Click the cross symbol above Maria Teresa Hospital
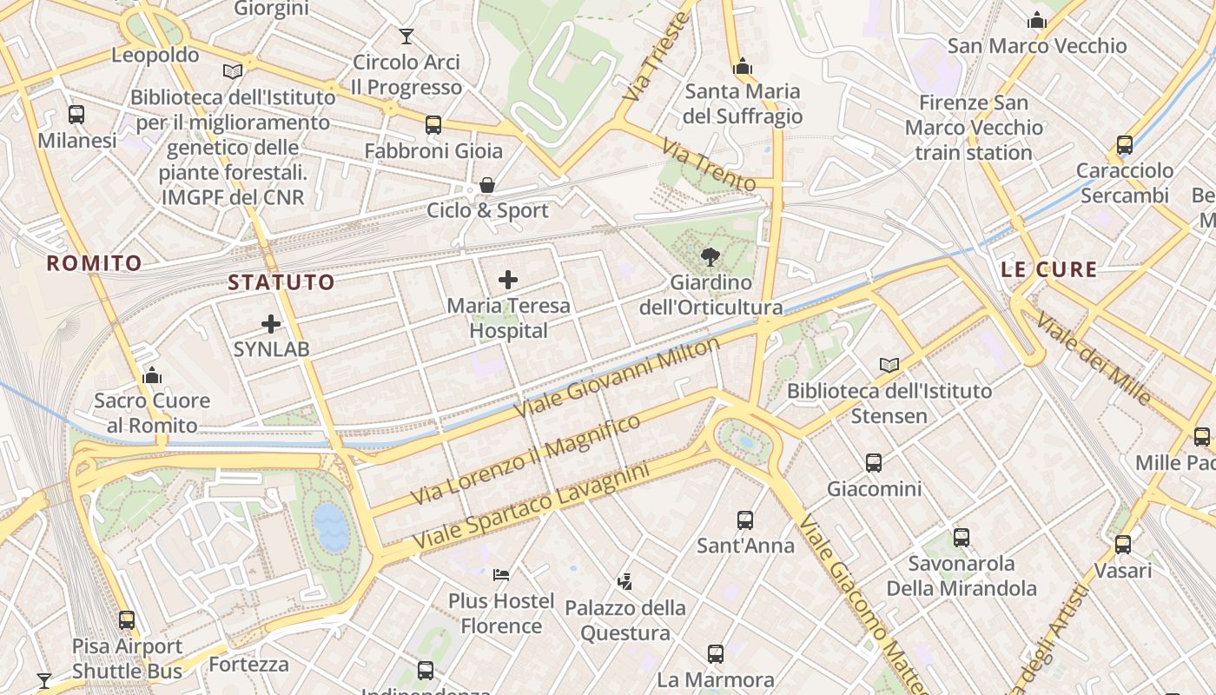508,280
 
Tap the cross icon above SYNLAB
271,324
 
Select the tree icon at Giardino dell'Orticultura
710,257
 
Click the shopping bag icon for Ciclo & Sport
487,185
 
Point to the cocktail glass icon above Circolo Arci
406,36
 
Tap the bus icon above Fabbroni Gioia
433,125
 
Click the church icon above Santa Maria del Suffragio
742,66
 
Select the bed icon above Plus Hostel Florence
501,575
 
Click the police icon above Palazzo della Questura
625,581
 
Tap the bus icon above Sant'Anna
745,520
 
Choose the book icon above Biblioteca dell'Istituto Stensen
889,366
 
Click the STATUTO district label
281,282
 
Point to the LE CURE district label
1049,269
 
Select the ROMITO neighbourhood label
94,263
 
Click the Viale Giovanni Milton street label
618,377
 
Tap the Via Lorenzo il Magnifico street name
526,460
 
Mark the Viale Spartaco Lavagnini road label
531,506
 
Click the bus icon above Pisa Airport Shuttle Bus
127,620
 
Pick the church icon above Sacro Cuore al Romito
152,375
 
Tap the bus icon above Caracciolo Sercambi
1125,145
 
